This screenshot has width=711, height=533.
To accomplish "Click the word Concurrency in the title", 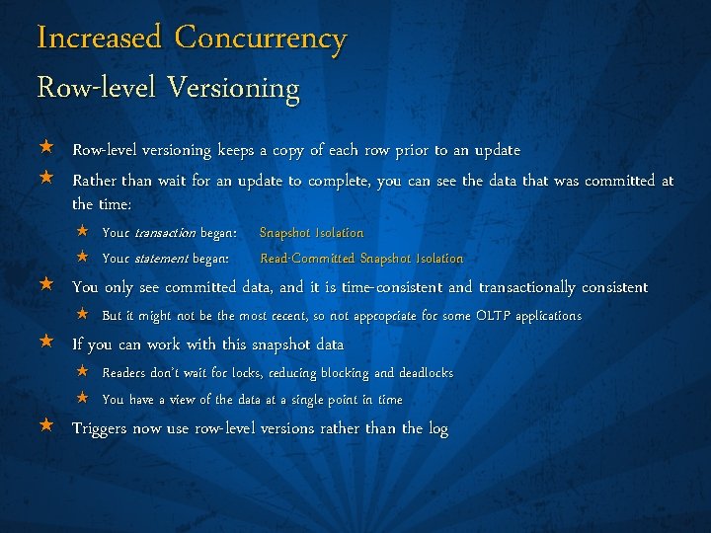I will point(261,38).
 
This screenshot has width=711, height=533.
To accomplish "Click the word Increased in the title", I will point(99,38).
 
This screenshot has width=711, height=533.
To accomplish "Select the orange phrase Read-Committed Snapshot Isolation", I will point(361,259).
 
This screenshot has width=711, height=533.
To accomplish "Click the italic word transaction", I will point(166,233).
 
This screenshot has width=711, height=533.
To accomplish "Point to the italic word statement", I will point(163,259).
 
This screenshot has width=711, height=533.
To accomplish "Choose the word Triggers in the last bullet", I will point(102,428).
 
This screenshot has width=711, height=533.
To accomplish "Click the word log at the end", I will point(437,429).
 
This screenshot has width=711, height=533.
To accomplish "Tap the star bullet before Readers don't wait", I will point(84,372).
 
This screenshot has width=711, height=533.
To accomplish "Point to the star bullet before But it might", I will point(84,315).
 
